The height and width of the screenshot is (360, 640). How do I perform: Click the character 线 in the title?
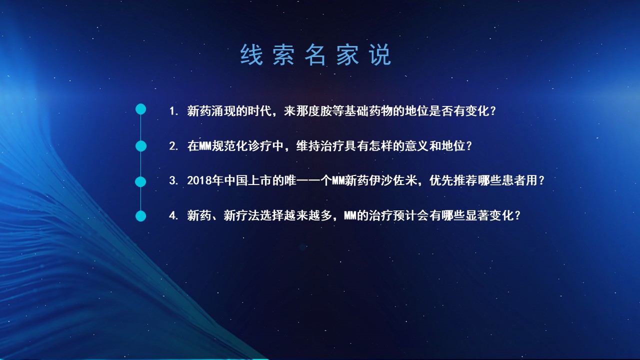click(x=251, y=54)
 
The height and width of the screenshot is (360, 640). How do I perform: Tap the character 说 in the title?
click(x=380, y=54)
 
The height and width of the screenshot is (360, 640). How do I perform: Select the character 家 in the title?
click(x=347, y=54)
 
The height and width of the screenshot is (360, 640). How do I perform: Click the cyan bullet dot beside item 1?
click(x=140, y=109)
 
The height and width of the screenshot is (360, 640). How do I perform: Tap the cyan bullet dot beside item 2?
click(x=140, y=146)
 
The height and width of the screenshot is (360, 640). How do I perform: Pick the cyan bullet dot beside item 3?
click(x=140, y=181)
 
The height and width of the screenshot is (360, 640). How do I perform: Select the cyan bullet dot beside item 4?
click(x=140, y=216)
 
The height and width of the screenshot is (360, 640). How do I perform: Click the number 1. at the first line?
click(x=173, y=111)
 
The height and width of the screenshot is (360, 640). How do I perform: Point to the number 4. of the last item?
click(x=173, y=215)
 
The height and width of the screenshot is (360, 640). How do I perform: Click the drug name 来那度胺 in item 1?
click(x=307, y=111)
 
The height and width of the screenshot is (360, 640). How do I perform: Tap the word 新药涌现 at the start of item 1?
click(x=211, y=111)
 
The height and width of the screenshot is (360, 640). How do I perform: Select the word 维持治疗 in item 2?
click(x=320, y=146)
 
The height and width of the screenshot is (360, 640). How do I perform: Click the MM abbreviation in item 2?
click(x=205, y=146)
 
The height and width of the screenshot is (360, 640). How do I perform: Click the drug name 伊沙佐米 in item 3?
click(x=392, y=180)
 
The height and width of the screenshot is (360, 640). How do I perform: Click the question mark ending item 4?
click(x=517, y=215)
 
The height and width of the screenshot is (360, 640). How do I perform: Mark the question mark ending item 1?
click(x=492, y=111)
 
